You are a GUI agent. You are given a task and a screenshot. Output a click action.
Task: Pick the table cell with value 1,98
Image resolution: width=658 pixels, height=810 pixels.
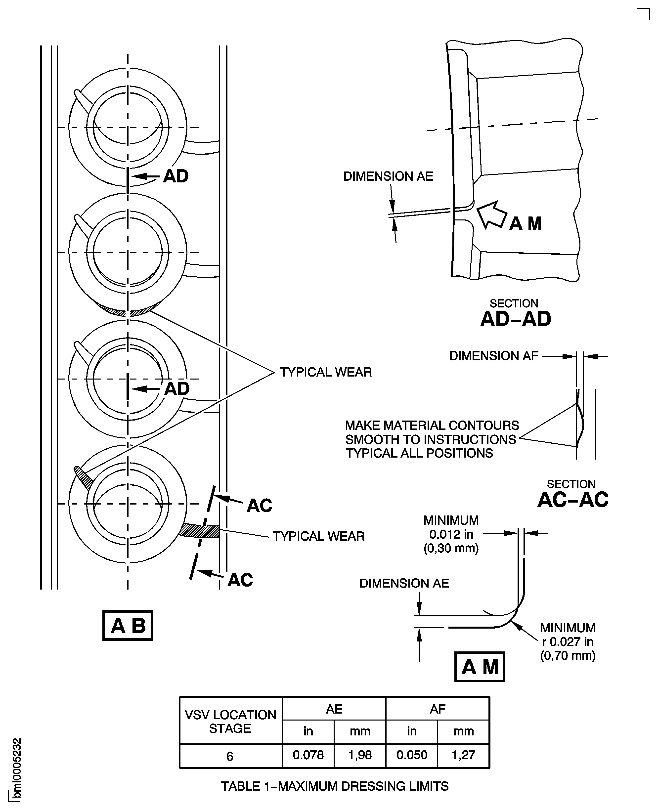pos(360,755)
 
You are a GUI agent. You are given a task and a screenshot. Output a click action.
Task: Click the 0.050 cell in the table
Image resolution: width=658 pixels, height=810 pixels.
pos(412,755)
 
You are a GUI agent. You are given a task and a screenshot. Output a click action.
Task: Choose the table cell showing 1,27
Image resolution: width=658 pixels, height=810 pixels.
pos(463,755)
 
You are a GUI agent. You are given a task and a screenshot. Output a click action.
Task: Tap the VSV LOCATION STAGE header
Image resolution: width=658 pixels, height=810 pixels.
pos(230,721)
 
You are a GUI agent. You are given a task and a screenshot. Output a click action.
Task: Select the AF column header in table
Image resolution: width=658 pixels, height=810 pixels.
pos(438,709)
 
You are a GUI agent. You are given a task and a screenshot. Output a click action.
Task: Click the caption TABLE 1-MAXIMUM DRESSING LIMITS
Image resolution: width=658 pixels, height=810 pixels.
pos(335,786)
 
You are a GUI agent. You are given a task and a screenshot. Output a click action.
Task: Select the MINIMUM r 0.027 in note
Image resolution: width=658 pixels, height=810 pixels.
pos(568,642)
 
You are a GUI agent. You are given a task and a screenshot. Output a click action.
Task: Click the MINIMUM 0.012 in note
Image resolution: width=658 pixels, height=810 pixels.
pos(451,534)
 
